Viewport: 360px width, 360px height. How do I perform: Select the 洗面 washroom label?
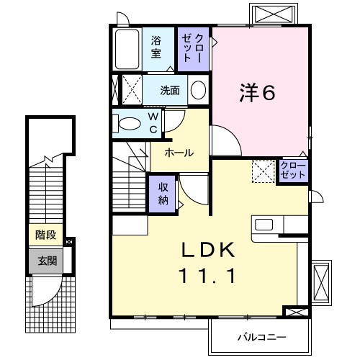point(170,91)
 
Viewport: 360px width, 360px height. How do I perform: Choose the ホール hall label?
point(178,153)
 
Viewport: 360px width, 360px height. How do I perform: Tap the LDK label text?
point(209,250)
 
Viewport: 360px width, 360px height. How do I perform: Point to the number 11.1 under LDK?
point(209,275)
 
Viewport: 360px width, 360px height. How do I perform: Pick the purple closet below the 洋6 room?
point(293,171)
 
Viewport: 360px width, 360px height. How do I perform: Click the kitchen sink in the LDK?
point(264,224)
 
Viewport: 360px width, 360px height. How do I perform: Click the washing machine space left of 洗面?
point(128,91)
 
